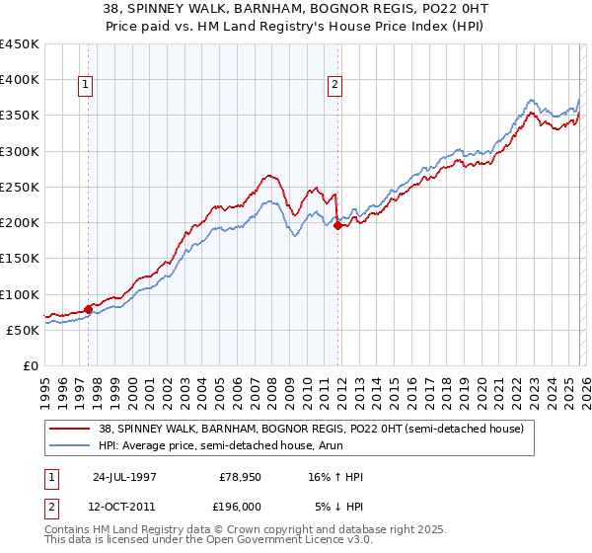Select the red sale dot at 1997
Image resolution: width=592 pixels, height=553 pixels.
pyautogui.click(x=89, y=309)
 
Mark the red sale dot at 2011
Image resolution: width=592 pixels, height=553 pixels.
pyautogui.click(x=337, y=225)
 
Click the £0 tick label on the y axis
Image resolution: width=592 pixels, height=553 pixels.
pyautogui.click(x=30, y=366)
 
